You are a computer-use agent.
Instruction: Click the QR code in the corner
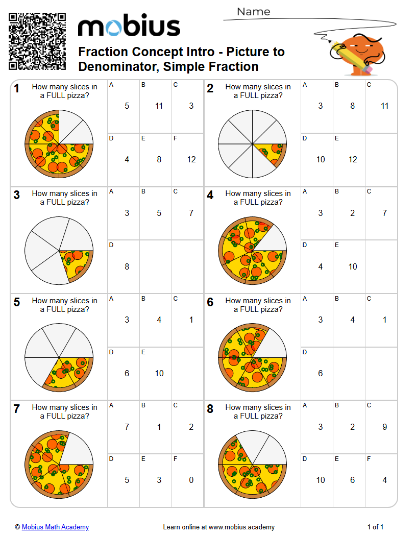click(x=37, y=41)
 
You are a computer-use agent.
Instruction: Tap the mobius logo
click(x=129, y=27)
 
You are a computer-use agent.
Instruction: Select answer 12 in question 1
click(x=191, y=159)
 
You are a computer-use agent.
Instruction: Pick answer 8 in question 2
click(x=352, y=106)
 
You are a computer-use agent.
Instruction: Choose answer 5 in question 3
click(x=159, y=213)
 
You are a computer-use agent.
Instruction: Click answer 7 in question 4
click(x=384, y=213)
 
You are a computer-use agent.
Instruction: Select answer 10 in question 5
click(x=159, y=373)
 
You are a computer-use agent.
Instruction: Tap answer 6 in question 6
click(x=320, y=373)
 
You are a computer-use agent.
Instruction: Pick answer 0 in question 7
click(x=191, y=480)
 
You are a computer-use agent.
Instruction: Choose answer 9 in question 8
click(x=384, y=427)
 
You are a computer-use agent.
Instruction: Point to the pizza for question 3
click(x=59, y=251)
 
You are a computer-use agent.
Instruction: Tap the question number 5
click(x=17, y=302)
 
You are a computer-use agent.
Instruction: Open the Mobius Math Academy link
click(x=55, y=527)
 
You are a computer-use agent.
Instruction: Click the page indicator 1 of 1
click(x=375, y=527)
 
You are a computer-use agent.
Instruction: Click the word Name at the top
click(x=254, y=12)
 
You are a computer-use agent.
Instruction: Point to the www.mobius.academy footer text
click(x=241, y=527)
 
